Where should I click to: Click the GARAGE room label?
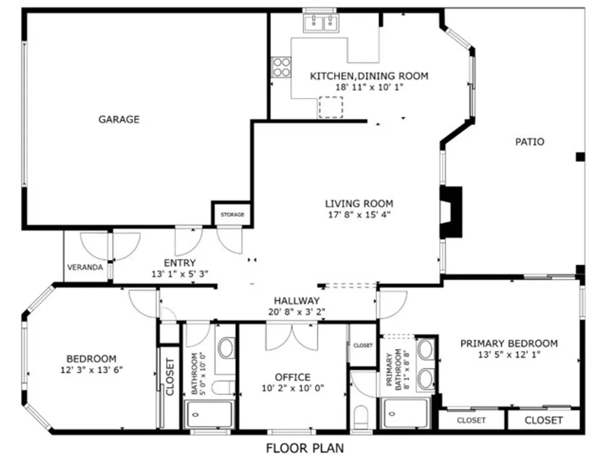(x=119, y=119)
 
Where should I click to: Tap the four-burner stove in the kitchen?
(x=281, y=67)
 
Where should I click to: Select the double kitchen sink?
(x=321, y=23)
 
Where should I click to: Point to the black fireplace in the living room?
(x=451, y=212)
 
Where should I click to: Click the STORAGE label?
(x=232, y=214)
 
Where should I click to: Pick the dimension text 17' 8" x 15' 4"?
(x=359, y=214)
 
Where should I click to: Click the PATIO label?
(x=529, y=141)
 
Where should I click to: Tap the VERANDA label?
(x=85, y=268)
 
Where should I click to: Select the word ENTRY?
(x=180, y=263)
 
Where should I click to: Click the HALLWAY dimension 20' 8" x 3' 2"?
(x=297, y=311)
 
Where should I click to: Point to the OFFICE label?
(x=293, y=377)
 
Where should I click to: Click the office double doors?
(x=292, y=337)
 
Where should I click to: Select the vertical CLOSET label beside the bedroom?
(x=170, y=377)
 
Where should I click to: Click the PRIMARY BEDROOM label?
(x=509, y=343)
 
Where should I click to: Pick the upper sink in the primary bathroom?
(x=426, y=349)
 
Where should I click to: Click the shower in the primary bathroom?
(x=405, y=413)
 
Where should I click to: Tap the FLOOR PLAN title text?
(x=305, y=448)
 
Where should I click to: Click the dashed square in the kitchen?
(x=331, y=107)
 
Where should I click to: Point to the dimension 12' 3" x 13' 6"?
(x=92, y=370)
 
